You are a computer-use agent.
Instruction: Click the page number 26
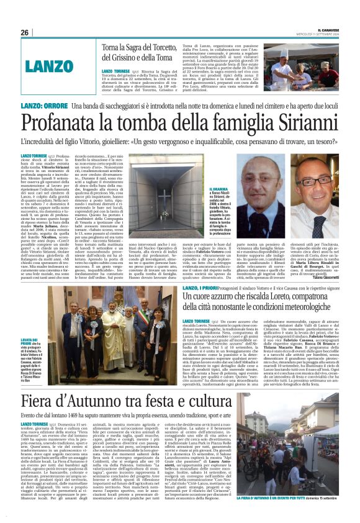point(25,32)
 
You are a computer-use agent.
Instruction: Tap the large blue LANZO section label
point(53,65)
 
